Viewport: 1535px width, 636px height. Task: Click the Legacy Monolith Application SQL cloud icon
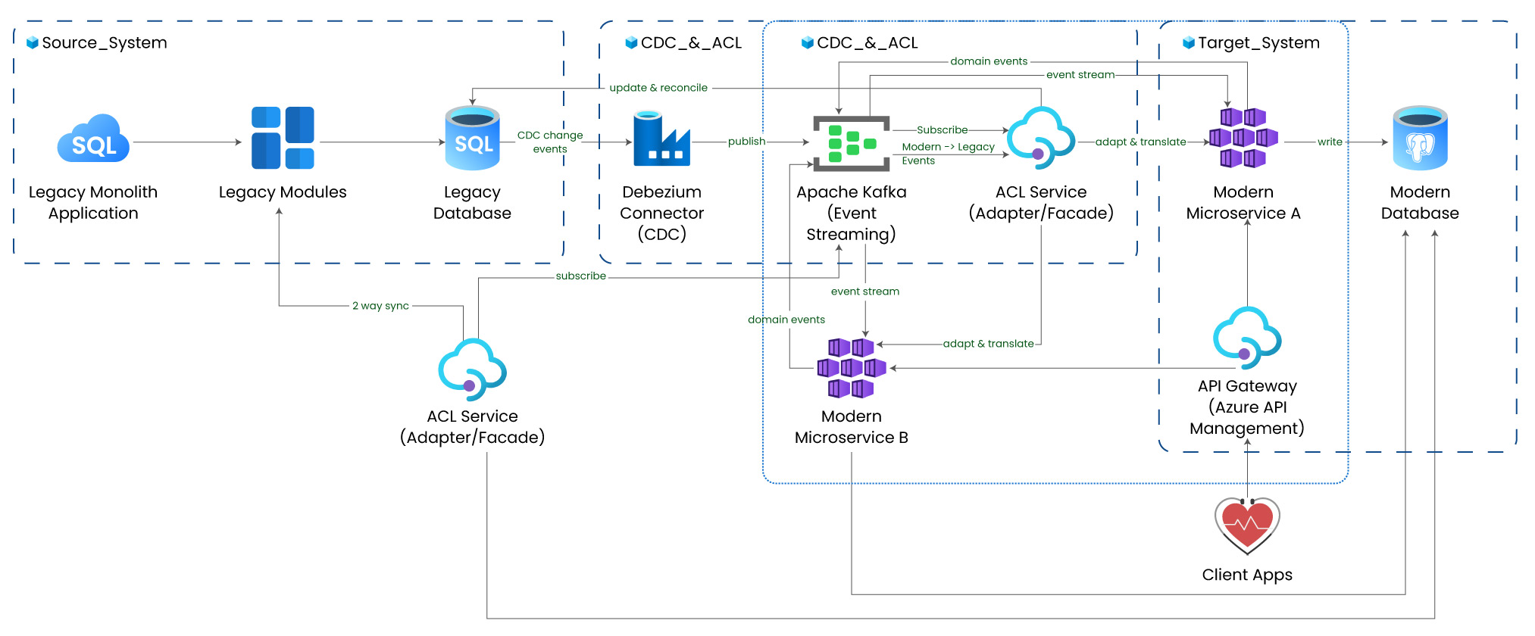pyautogui.click(x=93, y=139)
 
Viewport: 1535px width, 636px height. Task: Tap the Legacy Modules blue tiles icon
pyautogui.click(x=283, y=138)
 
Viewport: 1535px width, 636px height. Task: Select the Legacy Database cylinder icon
pyautogui.click(x=472, y=138)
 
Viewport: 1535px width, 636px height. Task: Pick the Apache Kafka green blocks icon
pyautogui.click(x=851, y=143)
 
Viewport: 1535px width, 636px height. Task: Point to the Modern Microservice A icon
pyautogui.click(x=1243, y=138)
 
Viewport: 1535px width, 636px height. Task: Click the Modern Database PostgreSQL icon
pyautogui.click(x=1420, y=138)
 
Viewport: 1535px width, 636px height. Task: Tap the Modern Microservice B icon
pyautogui.click(x=851, y=368)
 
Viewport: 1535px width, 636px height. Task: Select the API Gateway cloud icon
pyautogui.click(x=1247, y=338)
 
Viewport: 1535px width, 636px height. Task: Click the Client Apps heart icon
pyautogui.click(x=1247, y=525)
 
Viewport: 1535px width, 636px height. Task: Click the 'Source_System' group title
pyautogui.click(x=104, y=43)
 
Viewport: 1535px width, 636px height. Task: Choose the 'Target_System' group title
pyautogui.click(x=1258, y=43)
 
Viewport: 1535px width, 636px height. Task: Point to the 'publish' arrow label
pyautogui.click(x=746, y=142)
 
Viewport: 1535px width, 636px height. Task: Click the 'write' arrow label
pyautogui.click(x=1330, y=142)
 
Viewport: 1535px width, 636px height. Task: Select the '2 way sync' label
pyautogui.click(x=380, y=306)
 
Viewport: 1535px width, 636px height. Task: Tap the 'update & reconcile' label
pyautogui.click(x=658, y=88)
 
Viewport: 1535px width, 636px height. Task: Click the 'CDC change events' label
pyautogui.click(x=550, y=142)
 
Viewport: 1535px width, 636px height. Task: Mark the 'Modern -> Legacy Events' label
pyautogui.click(x=947, y=154)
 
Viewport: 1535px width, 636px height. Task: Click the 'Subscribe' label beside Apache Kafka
pyautogui.click(x=942, y=130)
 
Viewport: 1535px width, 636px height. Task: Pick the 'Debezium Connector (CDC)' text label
pyautogui.click(x=661, y=214)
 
